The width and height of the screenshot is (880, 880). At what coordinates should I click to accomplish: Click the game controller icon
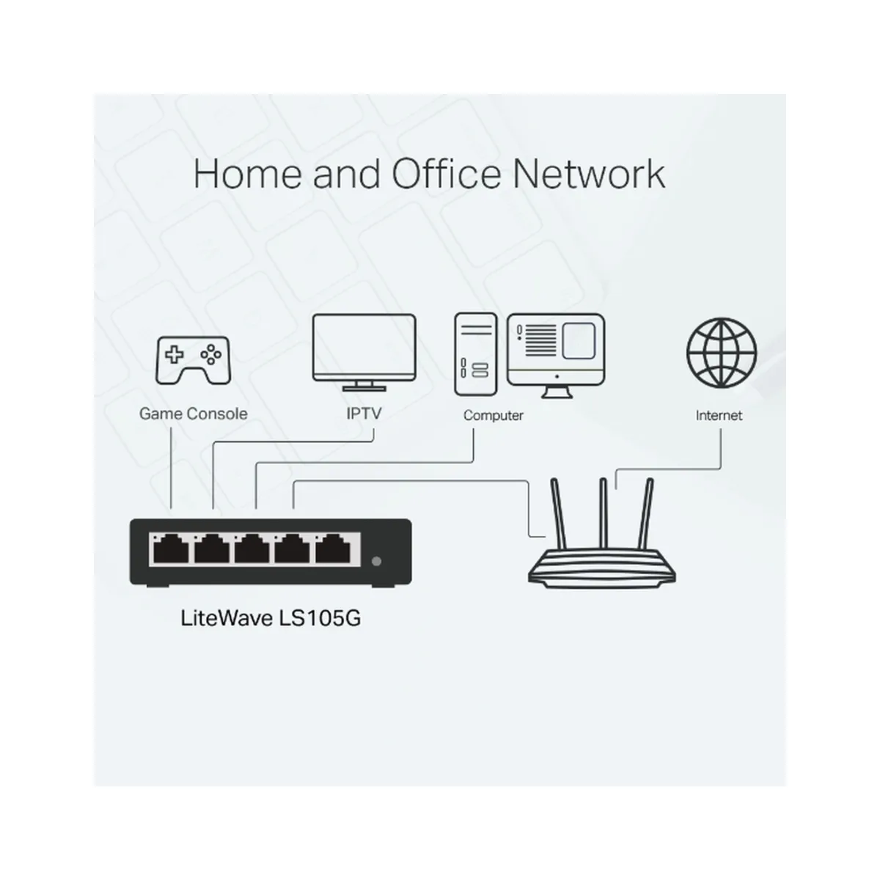click(x=193, y=360)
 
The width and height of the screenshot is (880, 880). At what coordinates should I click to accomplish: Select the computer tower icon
click(x=475, y=354)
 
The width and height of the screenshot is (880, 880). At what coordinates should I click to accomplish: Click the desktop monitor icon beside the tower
click(x=556, y=355)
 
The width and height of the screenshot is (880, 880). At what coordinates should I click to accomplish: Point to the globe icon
click(x=721, y=353)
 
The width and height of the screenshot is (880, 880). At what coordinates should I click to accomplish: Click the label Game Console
click(x=193, y=414)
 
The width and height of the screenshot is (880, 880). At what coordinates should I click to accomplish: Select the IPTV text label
click(x=364, y=414)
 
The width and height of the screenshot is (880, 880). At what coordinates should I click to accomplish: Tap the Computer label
click(x=494, y=416)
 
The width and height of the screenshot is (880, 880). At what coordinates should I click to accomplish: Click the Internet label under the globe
click(x=719, y=415)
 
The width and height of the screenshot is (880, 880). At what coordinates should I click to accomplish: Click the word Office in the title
click(x=446, y=174)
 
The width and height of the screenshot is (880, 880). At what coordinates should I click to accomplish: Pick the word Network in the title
click(x=589, y=174)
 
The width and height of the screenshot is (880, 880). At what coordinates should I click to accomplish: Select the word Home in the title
click(x=248, y=174)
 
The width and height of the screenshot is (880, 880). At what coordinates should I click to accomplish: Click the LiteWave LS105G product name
click(x=271, y=618)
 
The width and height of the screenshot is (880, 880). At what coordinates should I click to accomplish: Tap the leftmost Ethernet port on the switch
click(x=171, y=549)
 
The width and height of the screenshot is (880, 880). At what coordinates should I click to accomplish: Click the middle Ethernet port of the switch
click(x=252, y=549)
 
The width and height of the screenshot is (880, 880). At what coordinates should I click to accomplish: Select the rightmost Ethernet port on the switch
click(x=333, y=549)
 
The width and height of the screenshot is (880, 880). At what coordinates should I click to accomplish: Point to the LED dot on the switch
click(x=377, y=561)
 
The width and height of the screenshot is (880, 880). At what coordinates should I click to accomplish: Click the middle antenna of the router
click(x=604, y=514)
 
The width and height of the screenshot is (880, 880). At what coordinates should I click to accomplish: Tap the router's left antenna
click(x=559, y=514)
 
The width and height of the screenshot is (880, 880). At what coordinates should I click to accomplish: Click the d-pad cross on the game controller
click(x=174, y=354)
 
